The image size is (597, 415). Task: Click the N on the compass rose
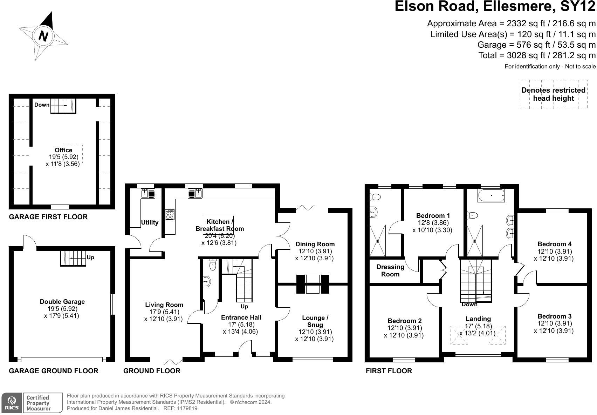(x=43, y=36)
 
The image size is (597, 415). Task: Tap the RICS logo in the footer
(x=12, y=403)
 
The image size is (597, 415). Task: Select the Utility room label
(x=150, y=222)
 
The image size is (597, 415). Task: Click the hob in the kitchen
(x=170, y=215)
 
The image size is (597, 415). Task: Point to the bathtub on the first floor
(x=491, y=196)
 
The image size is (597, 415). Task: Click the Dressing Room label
(x=390, y=270)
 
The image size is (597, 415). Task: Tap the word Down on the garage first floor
(x=42, y=105)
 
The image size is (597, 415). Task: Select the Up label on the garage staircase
(x=90, y=257)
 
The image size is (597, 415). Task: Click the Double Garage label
(x=62, y=302)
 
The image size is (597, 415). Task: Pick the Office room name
(x=63, y=150)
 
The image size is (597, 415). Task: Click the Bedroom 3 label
(x=555, y=316)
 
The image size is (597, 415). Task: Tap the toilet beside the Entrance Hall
(x=213, y=264)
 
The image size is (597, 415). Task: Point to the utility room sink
(x=148, y=194)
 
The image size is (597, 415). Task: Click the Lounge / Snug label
(x=315, y=321)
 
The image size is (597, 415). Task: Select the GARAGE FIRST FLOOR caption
(x=48, y=217)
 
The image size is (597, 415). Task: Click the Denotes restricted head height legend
(x=553, y=94)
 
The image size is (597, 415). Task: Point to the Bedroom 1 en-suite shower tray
(x=377, y=241)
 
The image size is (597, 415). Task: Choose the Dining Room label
(x=315, y=244)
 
